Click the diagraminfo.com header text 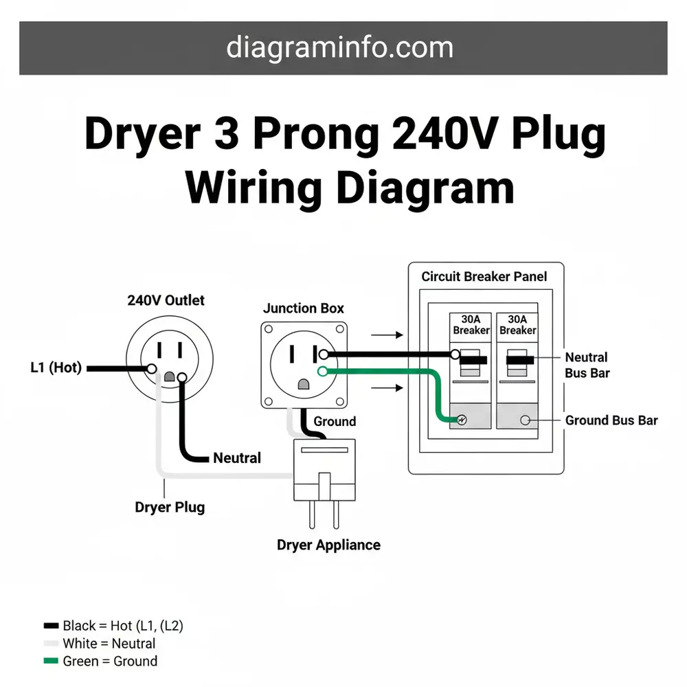pyautogui.click(x=339, y=47)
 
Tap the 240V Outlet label pyautogui.click(x=166, y=300)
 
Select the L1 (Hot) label pyautogui.click(x=56, y=368)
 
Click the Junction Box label pyautogui.click(x=304, y=308)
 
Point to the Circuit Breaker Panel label pyautogui.click(x=484, y=276)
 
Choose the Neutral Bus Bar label pyautogui.click(x=586, y=365)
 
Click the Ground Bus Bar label pyautogui.click(x=611, y=420)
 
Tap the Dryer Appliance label pyautogui.click(x=328, y=545)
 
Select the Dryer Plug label pyautogui.click(x=169, y=508)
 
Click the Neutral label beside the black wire pyautogui.click(x=237, y=458)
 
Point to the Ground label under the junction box pyautogui.click(x=335, y=421)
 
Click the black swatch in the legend pyautogui.click(x=51, y=626)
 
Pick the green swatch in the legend pyautogui.click(x=51, y=662)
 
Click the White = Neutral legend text pyautogui.click(x=109, y=644)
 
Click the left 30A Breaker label pyautogui.click(x=471, y=324)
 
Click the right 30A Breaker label pyautogui.click(x=518, y=324)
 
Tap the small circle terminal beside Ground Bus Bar pyautogui.click(x=526, y=420)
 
